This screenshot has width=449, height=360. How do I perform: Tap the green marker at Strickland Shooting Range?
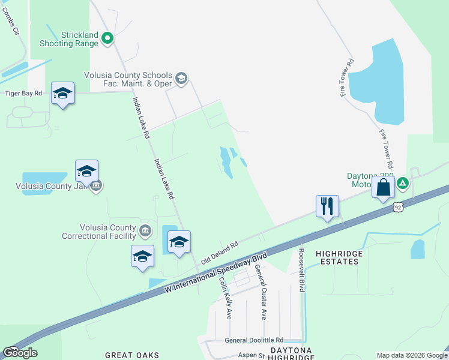point(108,39)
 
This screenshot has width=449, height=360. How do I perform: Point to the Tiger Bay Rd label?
point(23,93)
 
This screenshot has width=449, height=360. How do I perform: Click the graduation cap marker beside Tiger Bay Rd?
point(62,93)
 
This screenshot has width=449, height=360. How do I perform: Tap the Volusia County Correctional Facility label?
point(99,232)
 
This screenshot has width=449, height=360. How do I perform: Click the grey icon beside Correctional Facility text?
point(145,230)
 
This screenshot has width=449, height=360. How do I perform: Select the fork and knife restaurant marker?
point(327,206)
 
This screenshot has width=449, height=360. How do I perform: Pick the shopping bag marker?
point(384,188)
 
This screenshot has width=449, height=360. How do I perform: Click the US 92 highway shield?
point(399,207)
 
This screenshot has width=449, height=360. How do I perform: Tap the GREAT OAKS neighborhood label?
point(132,355)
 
